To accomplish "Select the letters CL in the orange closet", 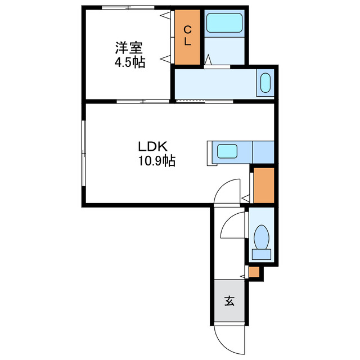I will click(187, 35).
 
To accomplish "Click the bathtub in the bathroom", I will click(224, 24).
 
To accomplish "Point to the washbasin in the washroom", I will click(265, 82).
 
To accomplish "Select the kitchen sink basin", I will click(228, 151).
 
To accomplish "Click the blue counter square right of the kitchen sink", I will click(263, 151).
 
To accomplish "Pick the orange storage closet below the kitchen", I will click(263, 185).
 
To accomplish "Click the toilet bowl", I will click(261, 236).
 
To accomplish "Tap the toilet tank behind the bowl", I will click(261, 254).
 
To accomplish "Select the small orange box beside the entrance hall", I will click(254, 272).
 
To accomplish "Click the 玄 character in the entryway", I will click(229, 301).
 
